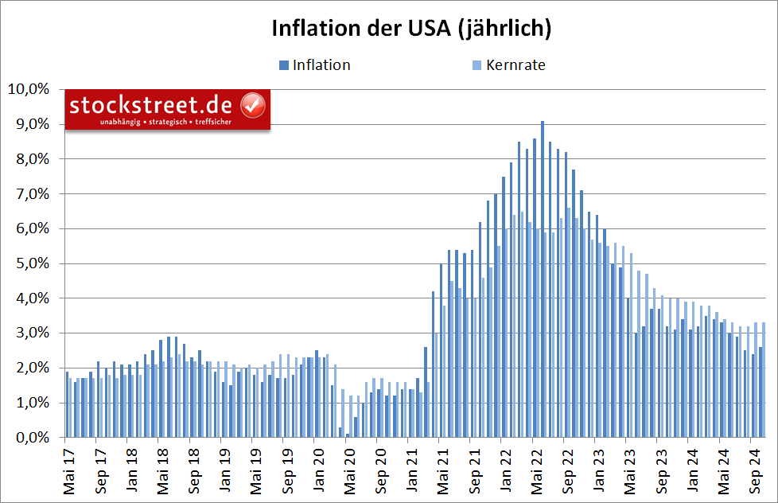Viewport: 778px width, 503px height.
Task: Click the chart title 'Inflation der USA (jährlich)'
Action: pyautogui.click(x=411, y=29)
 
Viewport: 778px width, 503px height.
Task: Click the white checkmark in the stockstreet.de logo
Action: pyautogui.click(x=253, y=104)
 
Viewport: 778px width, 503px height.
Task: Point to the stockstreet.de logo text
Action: pyautogui.click(x=150, y=105)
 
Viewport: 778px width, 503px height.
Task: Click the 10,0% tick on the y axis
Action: pyautogui.click(x=28, y=89)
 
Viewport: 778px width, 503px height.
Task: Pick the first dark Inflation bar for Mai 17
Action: pyautogui.click(x=67, y=404)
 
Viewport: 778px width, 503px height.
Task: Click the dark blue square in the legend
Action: pyautogui.click(x=283, y=65)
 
